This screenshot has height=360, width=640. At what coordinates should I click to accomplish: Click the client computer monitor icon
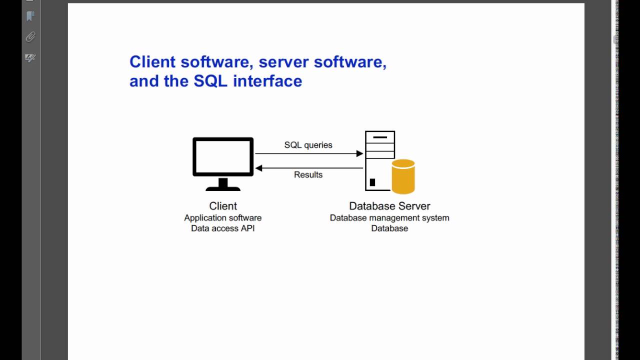223,157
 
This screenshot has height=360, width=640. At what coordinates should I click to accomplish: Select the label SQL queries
308,145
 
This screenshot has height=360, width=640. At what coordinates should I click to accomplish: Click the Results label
308,174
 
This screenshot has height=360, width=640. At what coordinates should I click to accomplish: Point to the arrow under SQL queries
309,154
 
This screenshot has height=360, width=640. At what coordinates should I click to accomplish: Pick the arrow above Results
309,168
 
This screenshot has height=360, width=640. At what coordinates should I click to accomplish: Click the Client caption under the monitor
223,206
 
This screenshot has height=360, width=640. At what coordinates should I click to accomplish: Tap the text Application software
223,218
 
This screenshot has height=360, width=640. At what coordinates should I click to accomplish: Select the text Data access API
223,228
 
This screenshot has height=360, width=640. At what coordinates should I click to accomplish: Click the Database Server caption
389,206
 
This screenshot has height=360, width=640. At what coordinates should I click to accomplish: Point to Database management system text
389,218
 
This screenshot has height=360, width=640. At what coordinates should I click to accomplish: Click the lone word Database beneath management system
389,228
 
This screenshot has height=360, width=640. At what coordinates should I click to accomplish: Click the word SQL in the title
210,81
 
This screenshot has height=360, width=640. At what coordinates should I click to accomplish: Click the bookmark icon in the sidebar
30,16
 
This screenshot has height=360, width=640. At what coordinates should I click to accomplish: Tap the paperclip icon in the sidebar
30,37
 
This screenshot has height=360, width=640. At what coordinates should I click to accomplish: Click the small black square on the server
372,182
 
